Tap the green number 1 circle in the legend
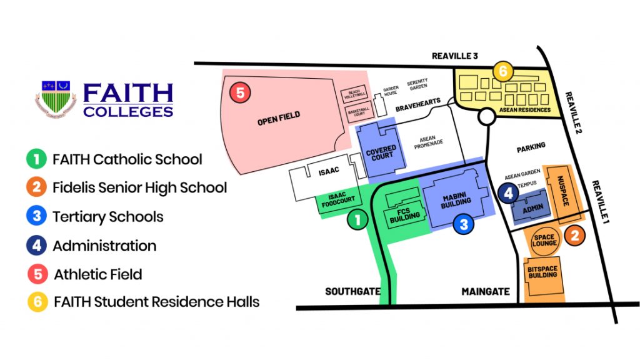pos(37,159)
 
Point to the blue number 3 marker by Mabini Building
pos(463,224)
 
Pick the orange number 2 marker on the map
pos(575,236)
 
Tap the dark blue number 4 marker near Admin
pos(509,194)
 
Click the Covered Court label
pos(382,152)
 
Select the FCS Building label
pos(400,217)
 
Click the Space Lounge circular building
pos(544,241)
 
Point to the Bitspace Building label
pos(542,272)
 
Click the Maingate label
pos(486,291)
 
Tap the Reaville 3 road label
pos(454,56)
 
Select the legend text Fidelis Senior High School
pos(139,187)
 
